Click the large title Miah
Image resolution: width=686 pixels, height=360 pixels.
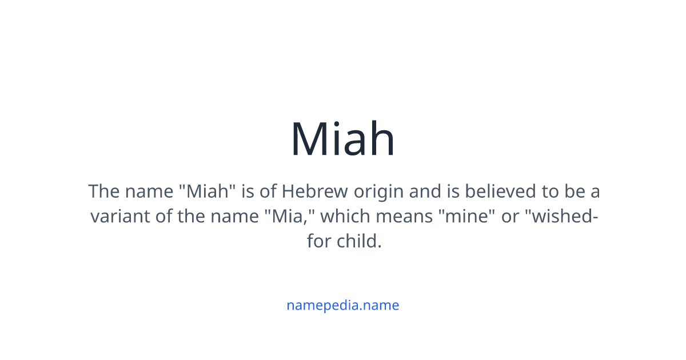[342, 139]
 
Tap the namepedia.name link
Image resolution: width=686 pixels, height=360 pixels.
[342, 305]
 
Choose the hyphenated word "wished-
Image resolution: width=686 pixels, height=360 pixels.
[563, 217]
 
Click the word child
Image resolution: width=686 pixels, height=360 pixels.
[358, 241]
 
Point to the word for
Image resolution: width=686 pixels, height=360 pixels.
[318, 241]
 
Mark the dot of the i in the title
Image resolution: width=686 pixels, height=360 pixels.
[339, 121]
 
